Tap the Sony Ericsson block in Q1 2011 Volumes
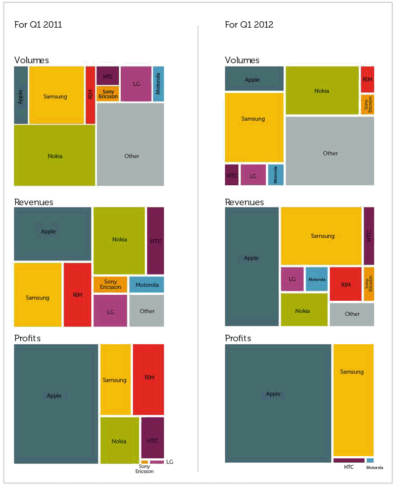pyautogui.click(x=108, y=94)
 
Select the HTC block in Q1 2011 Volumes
pyautogui.click(x=108, y=76)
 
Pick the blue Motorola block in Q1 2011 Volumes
pyautogui.click(x=158, y=84)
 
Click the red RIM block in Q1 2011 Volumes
pyautogui.click(x=90, y=95)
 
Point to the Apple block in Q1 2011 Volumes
pyautogui.click(x=21, y=95)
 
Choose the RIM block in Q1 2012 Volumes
pyautogui.click(x=367, y=79)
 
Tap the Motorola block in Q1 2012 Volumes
pyautogui.click(x=276, y=175)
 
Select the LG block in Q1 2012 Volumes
pyautogui.click(x=253, y=175)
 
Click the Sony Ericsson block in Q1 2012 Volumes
pyautogui.click(x=367, y=104)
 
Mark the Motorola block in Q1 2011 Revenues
pyautogui.click(x=146, y=285)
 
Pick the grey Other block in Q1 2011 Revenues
pyautogui.click(x=146, y=311)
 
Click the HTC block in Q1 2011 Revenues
pyautogui.click(x=156, y=241)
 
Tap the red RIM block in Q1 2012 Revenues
pyautogui.click(x=346, y=284)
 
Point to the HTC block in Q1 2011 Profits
pyautogui.click(x=153, y=440)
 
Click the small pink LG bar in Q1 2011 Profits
pyautogui.click(x=157, y=462)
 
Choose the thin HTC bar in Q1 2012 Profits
pyautogui.click(x=349, y=460)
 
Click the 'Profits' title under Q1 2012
pyautogui.click(x=238, y=338)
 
